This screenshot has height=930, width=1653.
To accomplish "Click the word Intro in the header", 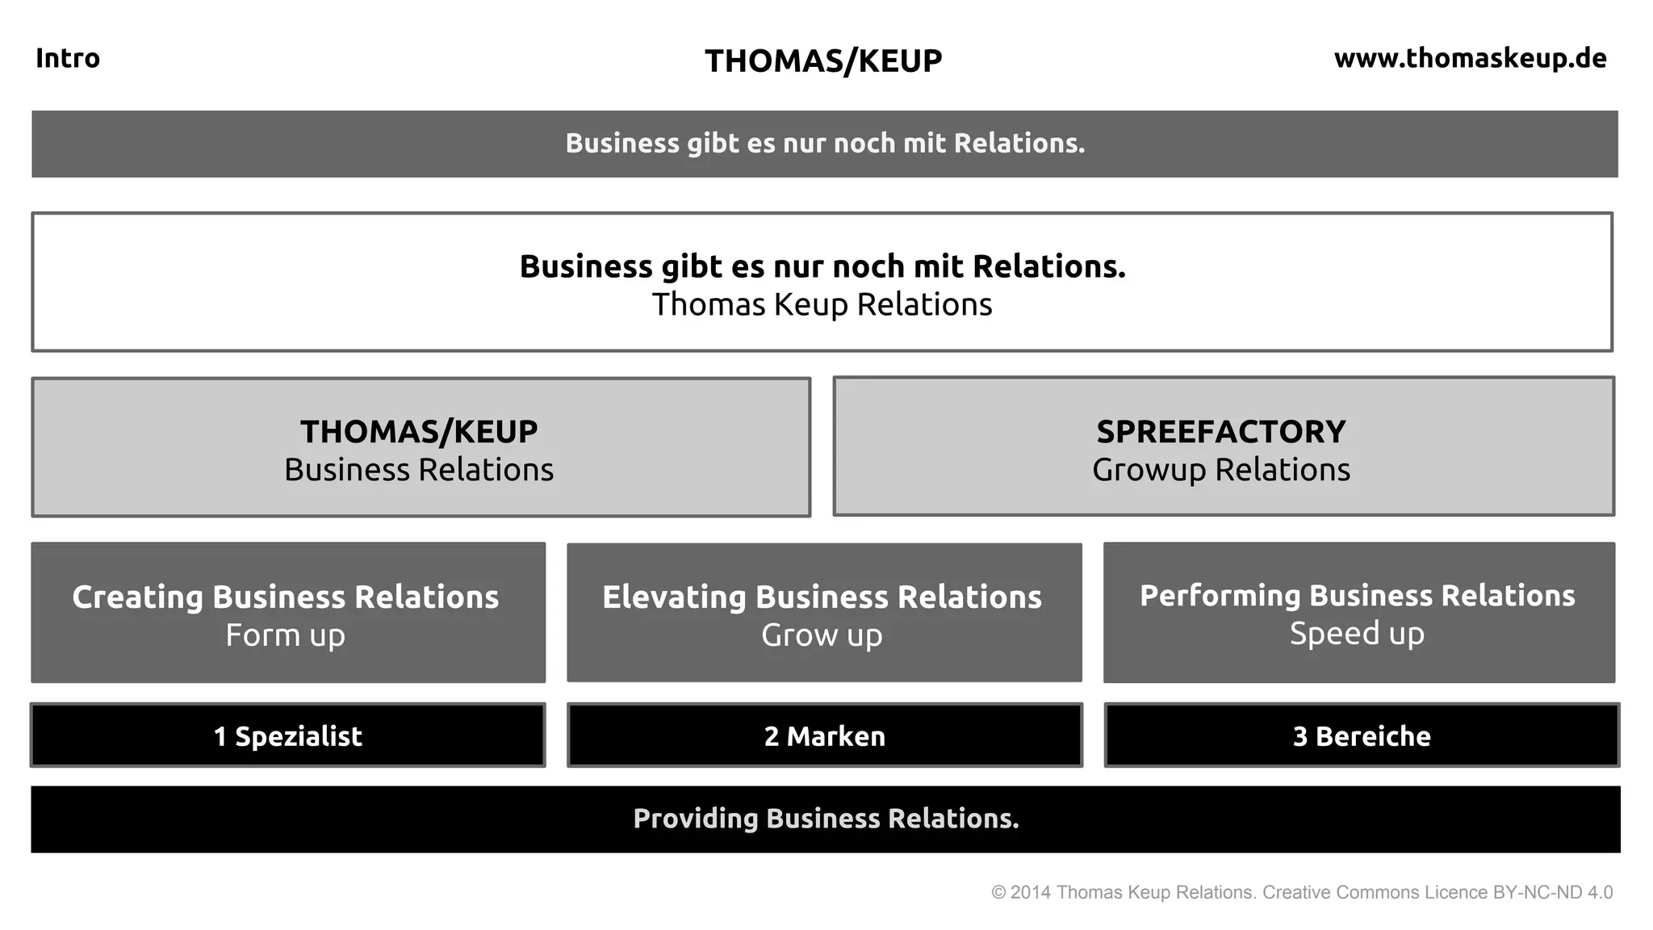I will (x=68, y=58).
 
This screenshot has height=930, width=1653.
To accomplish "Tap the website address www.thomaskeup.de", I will (x=1470, y=58).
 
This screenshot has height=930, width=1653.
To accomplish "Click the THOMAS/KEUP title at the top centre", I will (x=823, y=61).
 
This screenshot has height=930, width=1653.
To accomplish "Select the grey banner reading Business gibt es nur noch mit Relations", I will (x=825, y=144).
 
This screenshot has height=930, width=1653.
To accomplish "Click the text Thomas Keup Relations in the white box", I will (x=822, y=305).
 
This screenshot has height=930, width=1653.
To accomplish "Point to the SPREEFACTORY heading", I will (x=1220, y=432).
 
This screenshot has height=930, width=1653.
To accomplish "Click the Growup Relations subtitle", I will (x=1220, y=470).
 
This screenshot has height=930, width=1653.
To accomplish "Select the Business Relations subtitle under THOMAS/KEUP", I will (x=419, y=470).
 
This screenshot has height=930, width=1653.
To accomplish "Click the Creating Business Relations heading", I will (x=286, y=597).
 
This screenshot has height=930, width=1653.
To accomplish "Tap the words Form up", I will (x=286, y=635).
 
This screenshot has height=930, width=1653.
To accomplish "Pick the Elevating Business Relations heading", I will (x=822, y=597).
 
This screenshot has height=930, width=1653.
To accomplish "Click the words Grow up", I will (x=822, y=635).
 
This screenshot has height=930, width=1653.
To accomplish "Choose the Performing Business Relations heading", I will (x=1357, y=596).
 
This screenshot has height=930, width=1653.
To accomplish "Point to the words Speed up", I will (x=1357, y=634).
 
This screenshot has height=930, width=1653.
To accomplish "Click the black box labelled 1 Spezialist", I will (x=288, y=735).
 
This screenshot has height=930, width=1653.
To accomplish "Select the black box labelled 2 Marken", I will (x=825, y=735).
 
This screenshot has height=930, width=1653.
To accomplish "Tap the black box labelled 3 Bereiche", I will (x=1362, y=735).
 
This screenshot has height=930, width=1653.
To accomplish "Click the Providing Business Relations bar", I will (x=826, y=819).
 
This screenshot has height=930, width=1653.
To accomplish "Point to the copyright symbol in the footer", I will (x=998, y=893).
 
